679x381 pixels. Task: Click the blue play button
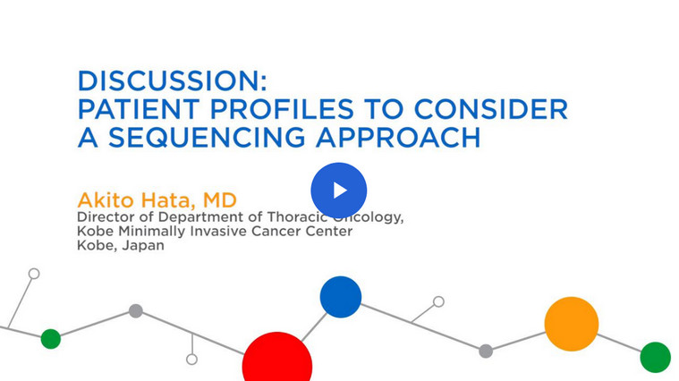coord(339,190)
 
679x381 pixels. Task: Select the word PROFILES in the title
coord(282,109)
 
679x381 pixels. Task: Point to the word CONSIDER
coord(491,109)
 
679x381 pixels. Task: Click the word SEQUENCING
coord(207,137)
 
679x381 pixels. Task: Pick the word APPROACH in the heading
coord(398,137)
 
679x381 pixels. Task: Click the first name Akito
coord(106,200)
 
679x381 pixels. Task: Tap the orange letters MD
coord(219,200)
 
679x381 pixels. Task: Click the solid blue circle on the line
coord(341,297)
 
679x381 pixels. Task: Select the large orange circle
coord(572,324)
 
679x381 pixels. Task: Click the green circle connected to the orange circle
coord(655,357)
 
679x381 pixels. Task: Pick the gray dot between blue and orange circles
coord(486,351)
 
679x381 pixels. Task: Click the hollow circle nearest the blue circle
coord(438,301)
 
